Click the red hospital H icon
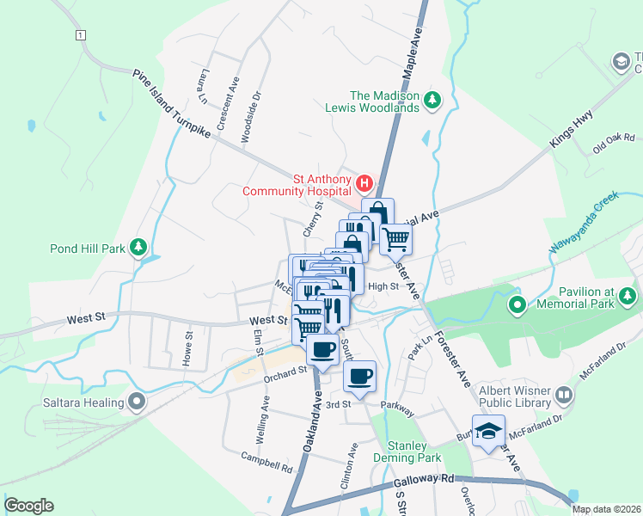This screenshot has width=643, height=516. pyautogui.click(x=364, y=183)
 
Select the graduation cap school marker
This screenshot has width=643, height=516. pyautogui.click(x=488, y=432)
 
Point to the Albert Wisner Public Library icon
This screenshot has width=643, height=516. pyautogui.click(x=564, y=396)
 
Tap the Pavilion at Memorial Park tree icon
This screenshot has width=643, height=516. pyautogui.click(x=628, y=296)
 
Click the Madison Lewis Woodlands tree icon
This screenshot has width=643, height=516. pyautogui.click(x=433, y=101)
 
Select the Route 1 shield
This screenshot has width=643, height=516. pyautogui.click(x=80, y=34)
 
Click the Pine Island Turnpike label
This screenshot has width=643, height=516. pyautogui.click(x=172, y=106)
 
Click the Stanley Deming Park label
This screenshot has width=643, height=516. pyautogui.click(x=407, y=451)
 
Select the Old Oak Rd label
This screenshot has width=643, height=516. pyautogui.click(x=613, y=143)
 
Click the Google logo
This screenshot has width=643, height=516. pyautogui.click(x=28, y=506)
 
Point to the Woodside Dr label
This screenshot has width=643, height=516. pyautogui.click(x=254, y=110)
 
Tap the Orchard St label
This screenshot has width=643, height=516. pyautogui.click(x=285, y=372)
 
